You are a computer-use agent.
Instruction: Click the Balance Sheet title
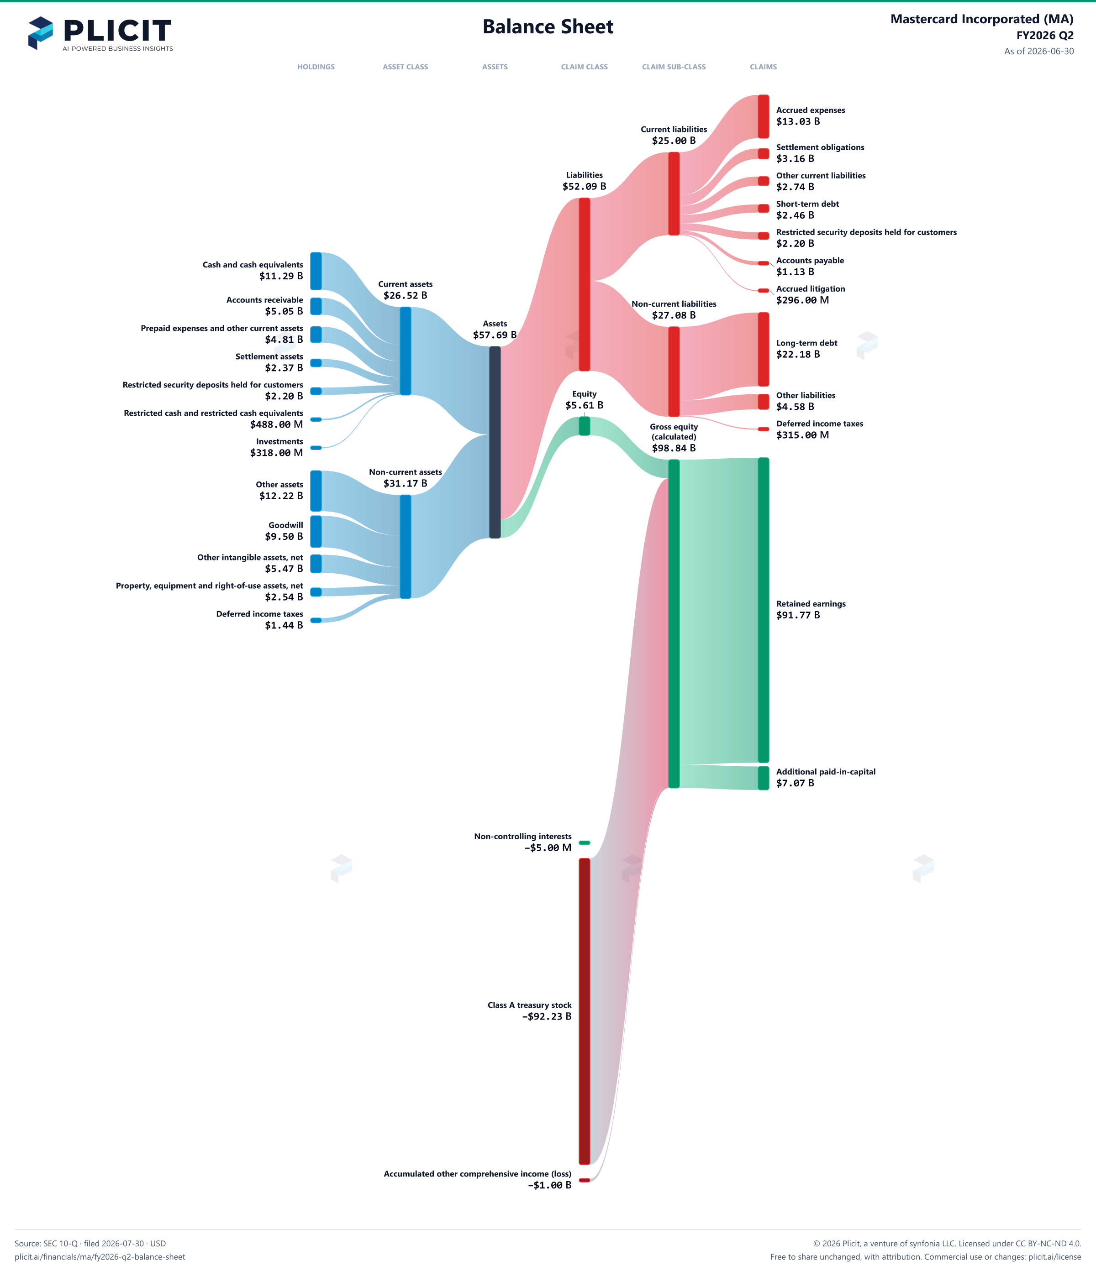pos(548,26)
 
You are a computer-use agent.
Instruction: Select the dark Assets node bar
pos(495,442)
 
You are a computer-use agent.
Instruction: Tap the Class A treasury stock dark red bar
pos(584,1011)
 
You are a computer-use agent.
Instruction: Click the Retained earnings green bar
pos(764,610)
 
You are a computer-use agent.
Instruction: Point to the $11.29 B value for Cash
pos(281,276)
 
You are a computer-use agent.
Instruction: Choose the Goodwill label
pos(286,525)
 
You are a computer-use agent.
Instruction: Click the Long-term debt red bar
pos(764,349)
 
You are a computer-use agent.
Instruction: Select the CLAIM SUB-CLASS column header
pos(674,67)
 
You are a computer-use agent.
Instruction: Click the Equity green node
pos(584,426)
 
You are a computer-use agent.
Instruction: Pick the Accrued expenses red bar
pos(764,116)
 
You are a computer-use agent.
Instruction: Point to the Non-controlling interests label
pos(523,836)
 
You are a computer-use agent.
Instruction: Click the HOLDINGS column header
pos(316,67)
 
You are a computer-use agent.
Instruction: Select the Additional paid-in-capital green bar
pos(764,778)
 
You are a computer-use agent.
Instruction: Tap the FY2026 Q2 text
pos(1045,36)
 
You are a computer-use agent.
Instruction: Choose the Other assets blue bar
pos(316,491)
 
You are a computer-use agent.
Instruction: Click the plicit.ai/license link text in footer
pos(1055,1257)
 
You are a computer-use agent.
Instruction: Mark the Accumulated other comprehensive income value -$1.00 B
pos(550,1185)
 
